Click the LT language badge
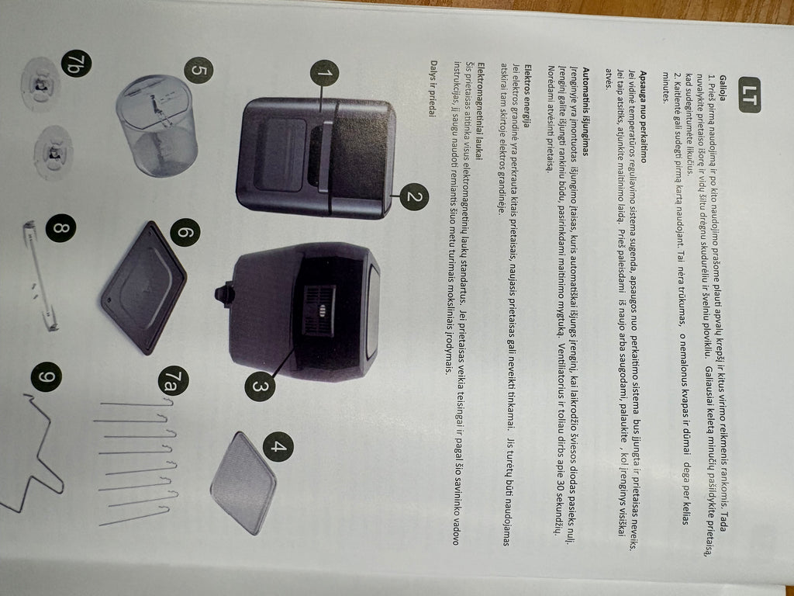[749, 95]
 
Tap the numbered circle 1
[324, 74]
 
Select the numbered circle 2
[414, 197]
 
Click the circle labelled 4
[278, 446]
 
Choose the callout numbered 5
[198, 71]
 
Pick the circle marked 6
[185, 232]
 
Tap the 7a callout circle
[174, 380]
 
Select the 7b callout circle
[76, 64]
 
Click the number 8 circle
[60, 227]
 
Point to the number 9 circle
[46, 376]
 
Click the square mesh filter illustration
[243, 483]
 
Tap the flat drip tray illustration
[143, 287]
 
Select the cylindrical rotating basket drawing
[157, 126]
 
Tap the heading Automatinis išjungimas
[585, 112]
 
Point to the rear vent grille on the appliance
[319, 310]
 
